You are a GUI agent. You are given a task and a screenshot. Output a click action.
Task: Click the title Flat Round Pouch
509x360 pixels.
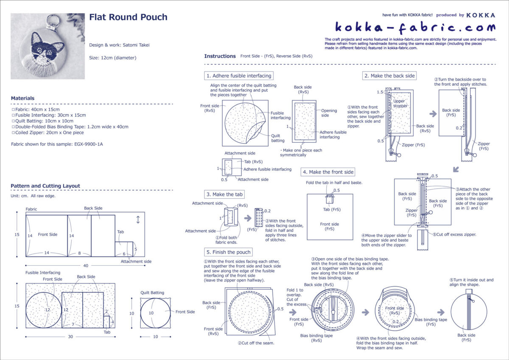[128, 17]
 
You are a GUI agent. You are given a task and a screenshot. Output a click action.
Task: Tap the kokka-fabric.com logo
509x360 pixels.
[415, 28]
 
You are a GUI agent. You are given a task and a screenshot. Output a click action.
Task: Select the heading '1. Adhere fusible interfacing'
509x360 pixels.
[238, 76]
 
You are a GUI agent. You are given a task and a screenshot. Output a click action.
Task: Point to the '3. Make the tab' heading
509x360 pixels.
[225, 194]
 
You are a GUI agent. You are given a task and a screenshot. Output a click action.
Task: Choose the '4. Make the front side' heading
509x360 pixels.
[328, 172]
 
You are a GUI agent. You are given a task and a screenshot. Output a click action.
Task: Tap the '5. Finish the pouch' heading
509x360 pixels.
[229, 252]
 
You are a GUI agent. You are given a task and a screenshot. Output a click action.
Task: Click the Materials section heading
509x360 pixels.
[22, 98]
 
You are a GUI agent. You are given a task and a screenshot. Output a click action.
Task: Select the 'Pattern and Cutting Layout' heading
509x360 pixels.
[45, 186]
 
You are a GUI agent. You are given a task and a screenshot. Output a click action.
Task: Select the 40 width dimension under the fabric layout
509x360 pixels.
[86, 266]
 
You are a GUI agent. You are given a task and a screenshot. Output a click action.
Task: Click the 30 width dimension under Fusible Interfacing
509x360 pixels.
[70, 337]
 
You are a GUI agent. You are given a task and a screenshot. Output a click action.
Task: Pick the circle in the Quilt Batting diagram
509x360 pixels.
[151, 313]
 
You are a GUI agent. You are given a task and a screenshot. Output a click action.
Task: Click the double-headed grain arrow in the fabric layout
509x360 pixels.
[138, 220]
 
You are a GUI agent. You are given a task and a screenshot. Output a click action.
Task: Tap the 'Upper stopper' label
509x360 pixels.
[400, 104]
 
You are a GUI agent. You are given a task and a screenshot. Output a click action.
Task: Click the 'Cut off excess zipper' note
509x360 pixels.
[455, 234]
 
